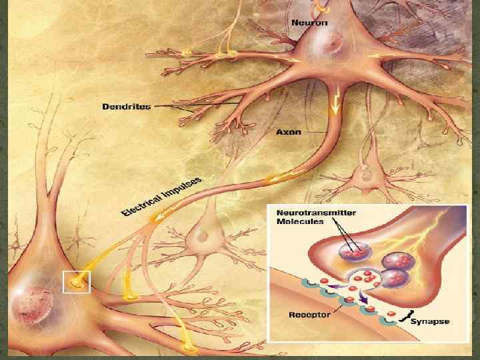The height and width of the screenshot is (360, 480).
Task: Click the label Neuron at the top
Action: tap(308, 22)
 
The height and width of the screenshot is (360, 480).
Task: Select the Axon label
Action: tap(289, 132)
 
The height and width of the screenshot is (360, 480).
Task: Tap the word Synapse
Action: tap(429, 321)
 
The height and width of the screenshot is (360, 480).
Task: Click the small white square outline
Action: tap(76, 282)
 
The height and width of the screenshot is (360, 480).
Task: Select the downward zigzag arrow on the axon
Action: tap(335, 101)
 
